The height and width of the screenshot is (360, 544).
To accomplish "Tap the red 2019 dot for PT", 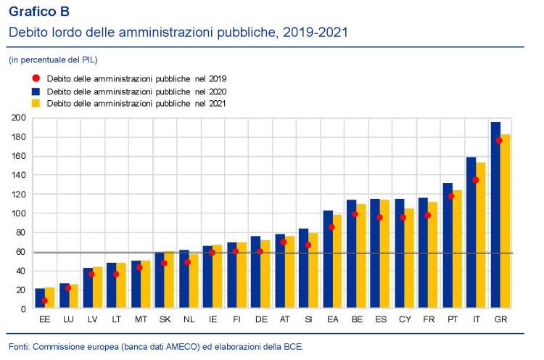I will pyautogui.click(x=451, y=196).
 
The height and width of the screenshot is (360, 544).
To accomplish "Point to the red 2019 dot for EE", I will pyautogui.click(x=45, y=300).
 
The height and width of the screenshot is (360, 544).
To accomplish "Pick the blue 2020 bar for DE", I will pyautogui.click(x=255, y=273).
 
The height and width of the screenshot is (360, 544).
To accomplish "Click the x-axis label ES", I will pyautogui.click(x=379, y=318).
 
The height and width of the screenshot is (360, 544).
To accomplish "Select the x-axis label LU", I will pyautogui.click(x=68, y=318).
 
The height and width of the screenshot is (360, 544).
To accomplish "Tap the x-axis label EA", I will pyautogui.click(x=331, y=318).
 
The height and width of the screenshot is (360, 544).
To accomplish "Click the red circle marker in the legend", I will pyautogui.click(x=35, y=78).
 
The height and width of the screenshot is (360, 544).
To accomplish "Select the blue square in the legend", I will pyautogui.click(x=35, y=91).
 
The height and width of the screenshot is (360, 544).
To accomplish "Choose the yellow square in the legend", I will pyautogui.click(x=35, y=104).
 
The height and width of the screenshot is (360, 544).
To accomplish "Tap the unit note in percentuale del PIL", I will pyautogui.click(x=53, y=60).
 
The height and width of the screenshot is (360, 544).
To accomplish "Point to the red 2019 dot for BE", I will pyautogui.click(x=355, y=214).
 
